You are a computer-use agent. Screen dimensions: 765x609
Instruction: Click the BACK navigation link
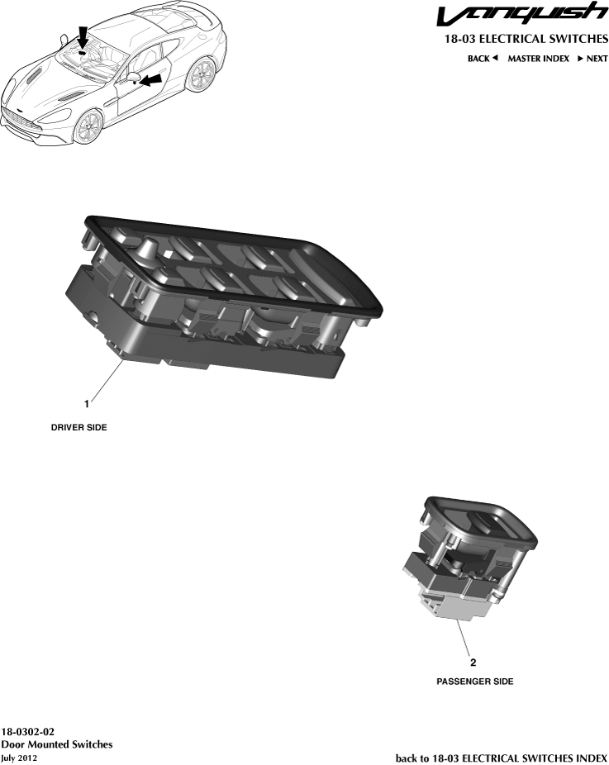click(x=483, y=59)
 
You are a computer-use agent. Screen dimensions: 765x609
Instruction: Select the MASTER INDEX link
click(x=538, y=59)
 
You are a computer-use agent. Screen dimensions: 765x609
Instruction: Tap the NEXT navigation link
click(x=592, y=59)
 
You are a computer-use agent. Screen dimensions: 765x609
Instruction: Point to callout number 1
click(x=86, y=404)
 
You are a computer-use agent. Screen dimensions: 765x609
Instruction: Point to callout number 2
click(x=473, y=662)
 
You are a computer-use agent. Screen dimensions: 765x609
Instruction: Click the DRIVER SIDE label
click(x=80, y=428)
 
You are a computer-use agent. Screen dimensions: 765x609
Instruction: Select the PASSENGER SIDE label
click(x=474, y=682)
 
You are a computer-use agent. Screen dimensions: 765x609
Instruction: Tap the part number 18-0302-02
click(x=28, y=732)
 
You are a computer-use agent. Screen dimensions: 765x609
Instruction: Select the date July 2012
click(x=19, y=758)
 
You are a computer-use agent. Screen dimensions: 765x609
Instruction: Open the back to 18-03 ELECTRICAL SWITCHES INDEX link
click(x=501, y=758)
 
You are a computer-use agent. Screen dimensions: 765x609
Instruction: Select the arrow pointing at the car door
click(x=149, y=80)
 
